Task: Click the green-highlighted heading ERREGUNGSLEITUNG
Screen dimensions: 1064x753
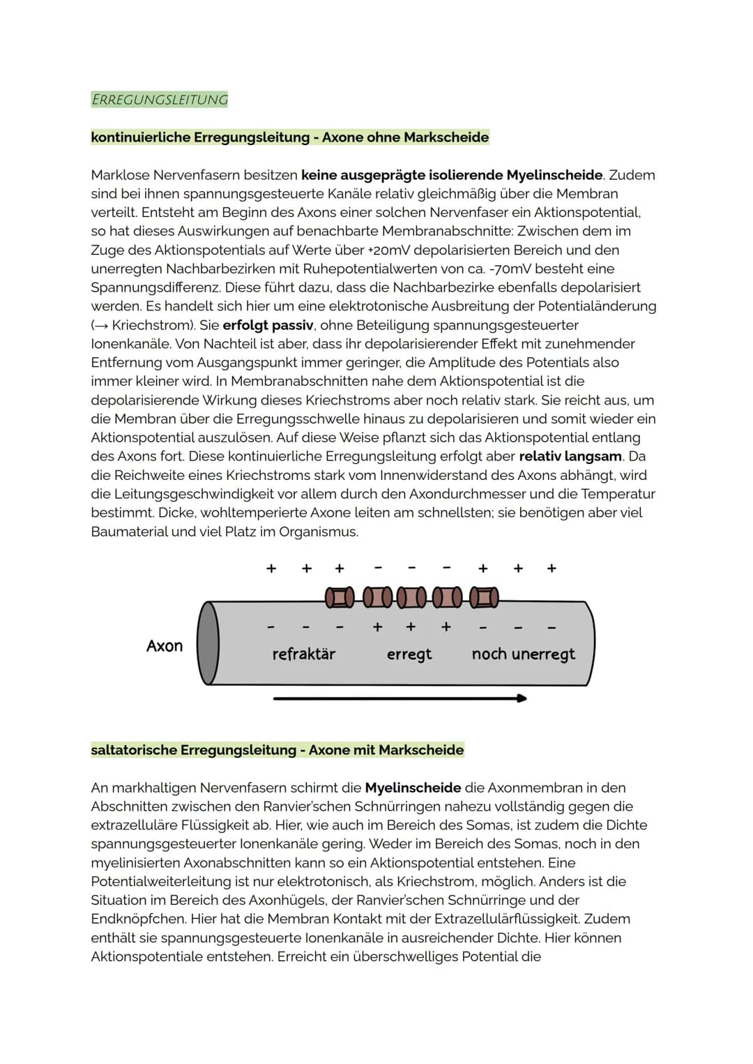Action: coord(160,100)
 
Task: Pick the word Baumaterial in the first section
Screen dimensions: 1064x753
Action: coord(129,532)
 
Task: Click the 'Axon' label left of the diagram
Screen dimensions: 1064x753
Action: coord(165,646)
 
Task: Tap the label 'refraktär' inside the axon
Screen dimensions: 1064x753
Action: coord(303,654)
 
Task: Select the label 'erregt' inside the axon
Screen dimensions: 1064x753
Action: coord(409,654)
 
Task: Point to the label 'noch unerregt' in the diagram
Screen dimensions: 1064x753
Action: coord(523,654)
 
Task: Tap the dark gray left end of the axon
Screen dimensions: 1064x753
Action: coord(208,643)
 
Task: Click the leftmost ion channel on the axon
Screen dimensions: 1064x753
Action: coord(340,597)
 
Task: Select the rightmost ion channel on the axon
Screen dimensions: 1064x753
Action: coord(483,597)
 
